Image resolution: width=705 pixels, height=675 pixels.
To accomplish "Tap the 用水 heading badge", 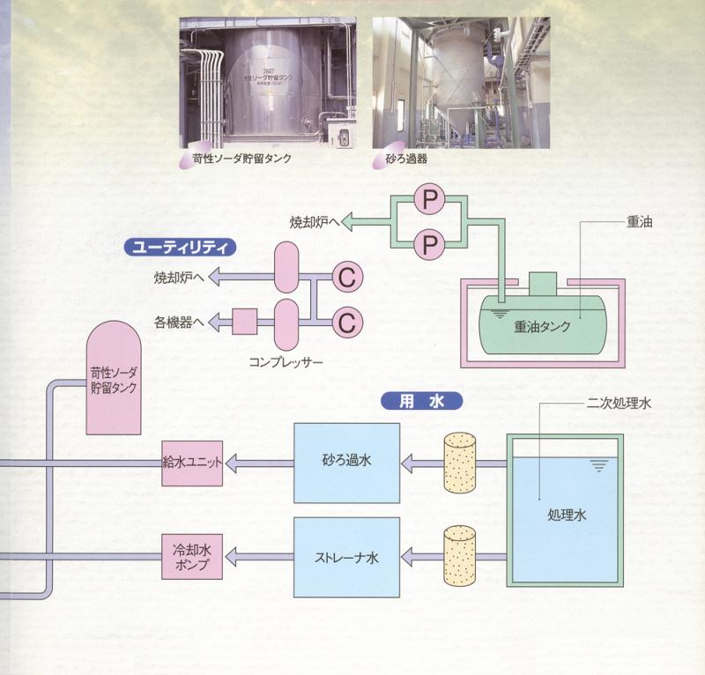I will click(420, 401).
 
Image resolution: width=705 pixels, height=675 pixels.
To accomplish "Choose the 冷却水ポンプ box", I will click(189, 557).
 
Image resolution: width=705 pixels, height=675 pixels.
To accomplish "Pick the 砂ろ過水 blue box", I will click(345, 460).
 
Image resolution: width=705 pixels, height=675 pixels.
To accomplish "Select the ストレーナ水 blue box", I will click(345, 557).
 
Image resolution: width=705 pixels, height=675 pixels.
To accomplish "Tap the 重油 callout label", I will click(642, 224).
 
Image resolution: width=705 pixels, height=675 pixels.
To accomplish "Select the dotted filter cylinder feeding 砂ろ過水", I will click(460, 460).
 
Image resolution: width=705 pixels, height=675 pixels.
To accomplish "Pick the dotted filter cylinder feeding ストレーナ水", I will click(460, 555).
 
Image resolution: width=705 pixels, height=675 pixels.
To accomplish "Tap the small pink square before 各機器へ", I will click(243, 322).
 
